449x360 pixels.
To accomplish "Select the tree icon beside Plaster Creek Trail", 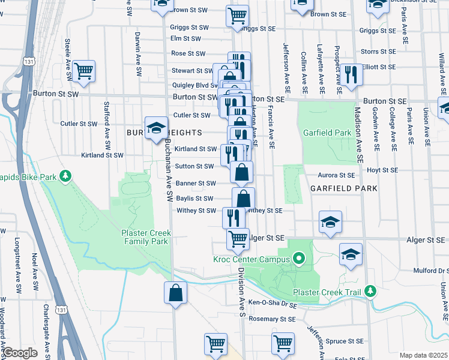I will pyautogui.click(x=370, y=292).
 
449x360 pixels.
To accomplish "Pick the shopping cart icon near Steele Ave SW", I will pyautogui.click(x=84, y=70).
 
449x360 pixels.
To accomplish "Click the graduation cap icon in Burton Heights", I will pyautogui.click(x=156, y=127).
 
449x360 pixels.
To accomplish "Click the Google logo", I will pyautogui.click(x=19, y=353).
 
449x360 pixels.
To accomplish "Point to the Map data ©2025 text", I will pyautogui.click(x=423, y=355).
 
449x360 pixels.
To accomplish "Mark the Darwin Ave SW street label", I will pyautogui.click(x=138, y=48).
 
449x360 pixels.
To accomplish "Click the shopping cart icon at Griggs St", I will pyautogui.click(x=237, y=16).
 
